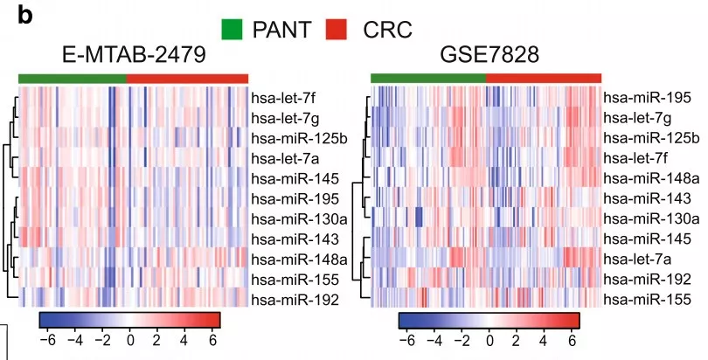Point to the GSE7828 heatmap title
(485, 56)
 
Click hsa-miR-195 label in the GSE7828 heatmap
(648, 98)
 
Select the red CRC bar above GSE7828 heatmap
(543, 79)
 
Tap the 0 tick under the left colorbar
(130, 338)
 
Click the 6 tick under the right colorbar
(571, 338)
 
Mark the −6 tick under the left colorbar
(45, 338)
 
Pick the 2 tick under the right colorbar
(517, 338)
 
